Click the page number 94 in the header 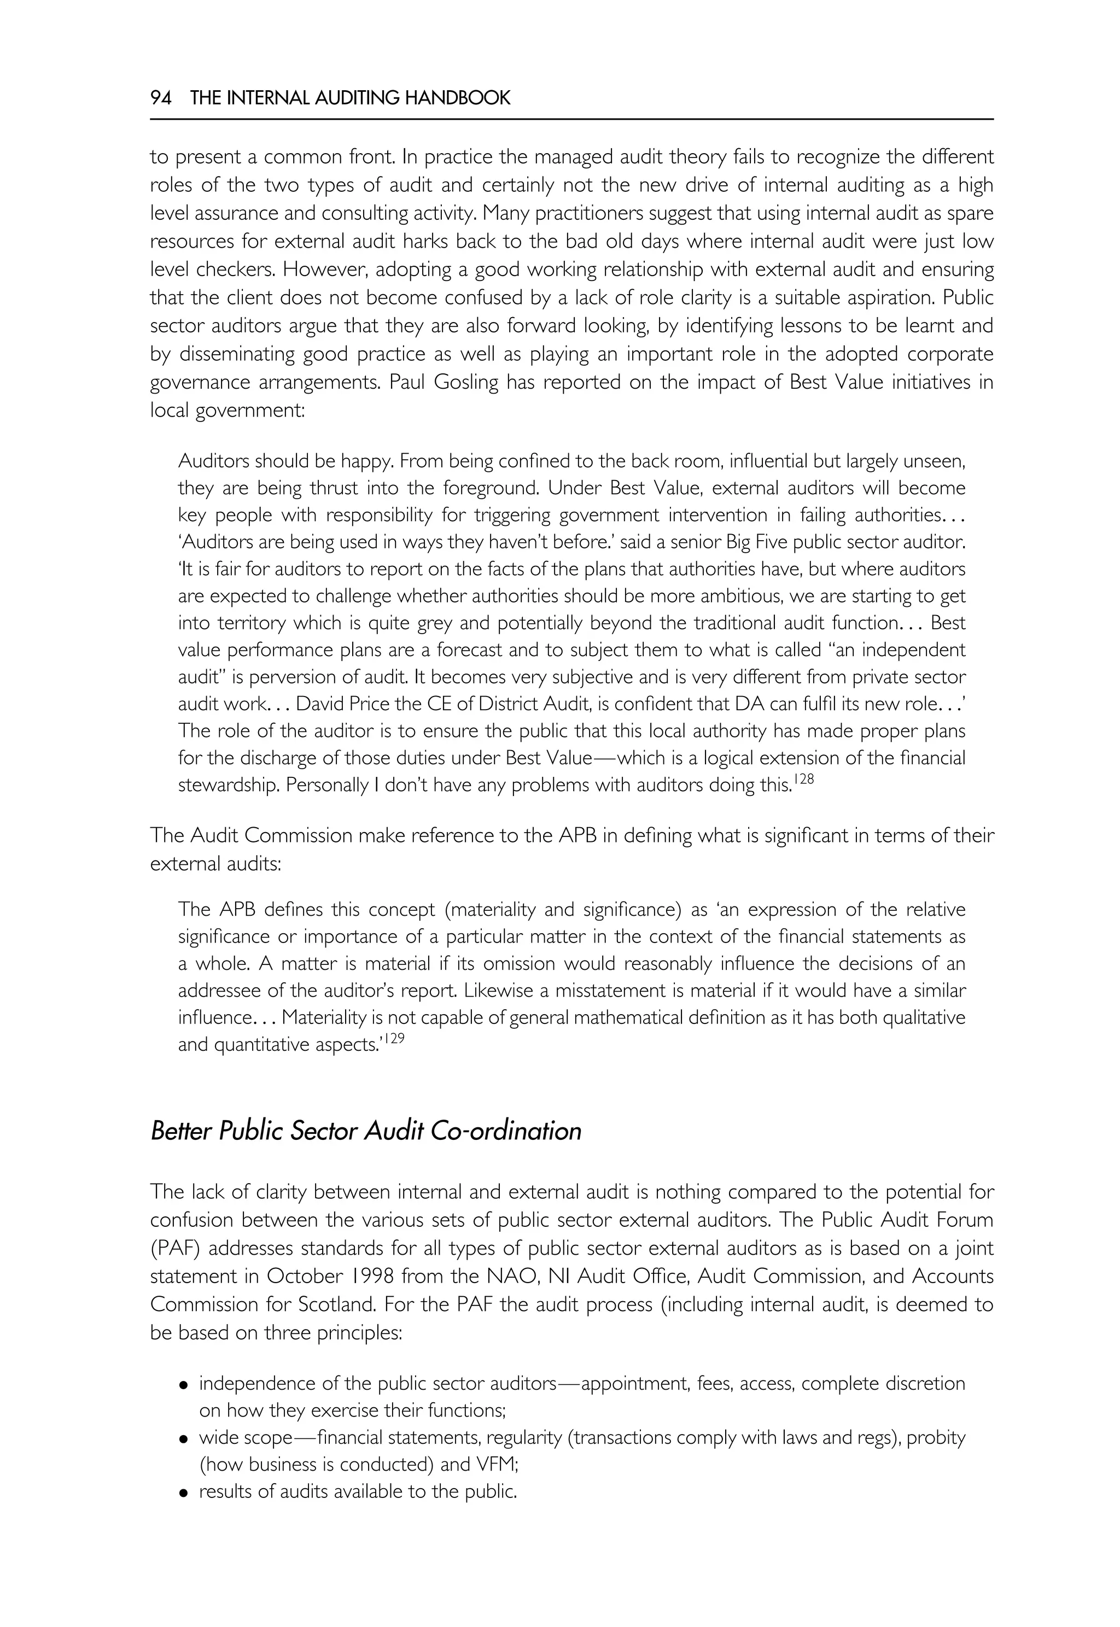[161, 98]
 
